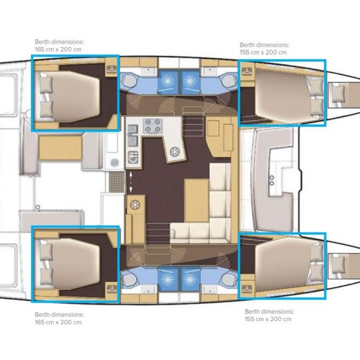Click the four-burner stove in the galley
pyautogui.click(x=153, y=126)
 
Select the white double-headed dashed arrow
pyautogui.click(x=131, y=182)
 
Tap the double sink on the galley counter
pyautogui.click(x=133, y=136)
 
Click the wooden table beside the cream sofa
pyautogui.click(x=197, y=201)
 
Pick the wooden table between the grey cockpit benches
pyautogui.click(x=60, y=148)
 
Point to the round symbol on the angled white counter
pyautogui.click(x=174, y=152)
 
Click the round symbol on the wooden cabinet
pyautogui.click(x=135, y=204)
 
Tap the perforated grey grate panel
pyautogui.click(x=117, y=182)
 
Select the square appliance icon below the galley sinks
pyautogui.click(x=133, y=157)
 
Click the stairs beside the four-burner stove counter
pyautogui.click(x=193, y=124)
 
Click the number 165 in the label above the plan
pyautogui.click(x=39, y=49)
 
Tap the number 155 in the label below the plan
pyautogui.click(x=249, y=319)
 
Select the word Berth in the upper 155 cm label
pyautogui.click(x=248, y=45)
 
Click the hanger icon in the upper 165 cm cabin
pyautogui.click(x=112, y=69)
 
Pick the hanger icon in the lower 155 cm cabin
pyautogui.click(x=246, y=289)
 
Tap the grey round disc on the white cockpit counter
pyautogui.click(x=114, y=163)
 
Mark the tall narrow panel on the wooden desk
pyautogui.click(x=228, y=137)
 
